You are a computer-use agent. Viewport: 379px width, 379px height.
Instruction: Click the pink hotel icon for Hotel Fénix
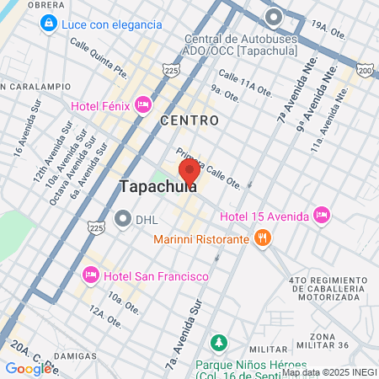(143, 104)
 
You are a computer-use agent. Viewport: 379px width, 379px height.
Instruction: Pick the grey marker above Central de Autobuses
(273, 17)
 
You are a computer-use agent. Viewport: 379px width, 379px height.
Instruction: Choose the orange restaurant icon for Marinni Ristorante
(263, 238)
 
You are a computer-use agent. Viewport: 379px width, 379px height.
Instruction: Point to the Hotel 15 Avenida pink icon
(320, 215)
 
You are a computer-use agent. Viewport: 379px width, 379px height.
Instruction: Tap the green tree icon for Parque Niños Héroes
(219, 343)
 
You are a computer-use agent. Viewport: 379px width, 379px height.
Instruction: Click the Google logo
(29, 368)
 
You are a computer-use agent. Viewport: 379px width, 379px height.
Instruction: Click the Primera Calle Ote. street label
(209, 168)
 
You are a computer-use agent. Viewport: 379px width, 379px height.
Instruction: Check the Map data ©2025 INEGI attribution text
(329, 371)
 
